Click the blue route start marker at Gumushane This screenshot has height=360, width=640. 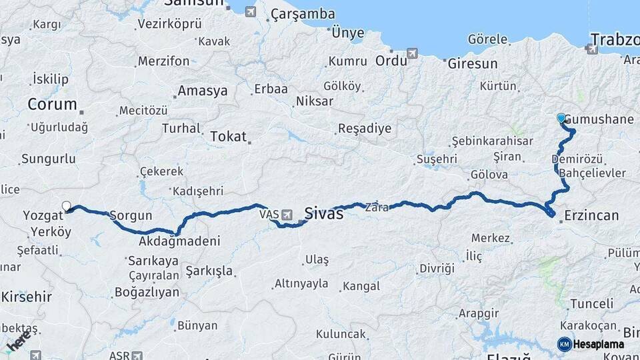(561, 118)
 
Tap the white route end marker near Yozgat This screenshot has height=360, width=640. (66, 206)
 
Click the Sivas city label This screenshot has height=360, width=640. (323, 213)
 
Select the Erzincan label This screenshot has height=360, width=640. (591, 215)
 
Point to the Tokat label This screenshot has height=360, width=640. (229, 137)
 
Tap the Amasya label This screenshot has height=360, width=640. (203, 91)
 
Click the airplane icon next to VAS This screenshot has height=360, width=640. (287, 215)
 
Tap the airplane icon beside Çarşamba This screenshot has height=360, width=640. (250, 11)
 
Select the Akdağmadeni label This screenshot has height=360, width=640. (180, 241)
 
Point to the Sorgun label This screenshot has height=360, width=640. (131, 215)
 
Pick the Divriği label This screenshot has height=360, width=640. (437, 269)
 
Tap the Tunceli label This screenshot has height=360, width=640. (591, 303)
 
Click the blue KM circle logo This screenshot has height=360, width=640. (564, 344)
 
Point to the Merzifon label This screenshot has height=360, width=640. (163, 61)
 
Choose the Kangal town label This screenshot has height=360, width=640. (361, 286)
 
